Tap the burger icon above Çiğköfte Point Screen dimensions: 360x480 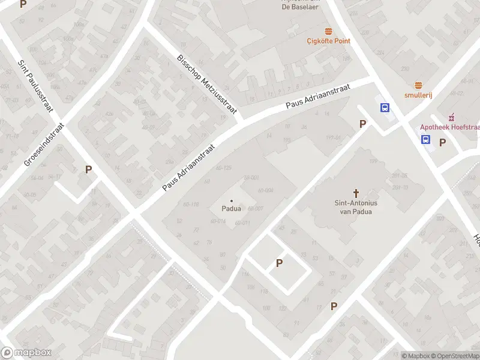(x=328, y=31)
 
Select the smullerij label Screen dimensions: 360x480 (x=418, y=95)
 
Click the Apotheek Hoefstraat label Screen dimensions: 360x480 (x=449, y=127)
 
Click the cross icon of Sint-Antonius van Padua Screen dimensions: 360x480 (x=356, y=193)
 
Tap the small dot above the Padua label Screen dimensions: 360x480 (x=232, y=201)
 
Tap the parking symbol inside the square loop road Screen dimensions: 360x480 (x=279, y=263)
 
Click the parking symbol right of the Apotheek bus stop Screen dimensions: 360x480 (x=443, y=142)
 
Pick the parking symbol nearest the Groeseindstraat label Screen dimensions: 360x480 (x=88, y=169)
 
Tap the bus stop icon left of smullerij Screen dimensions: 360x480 (x=385, y=108)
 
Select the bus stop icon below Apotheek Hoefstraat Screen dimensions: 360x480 (x=425, y=140)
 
